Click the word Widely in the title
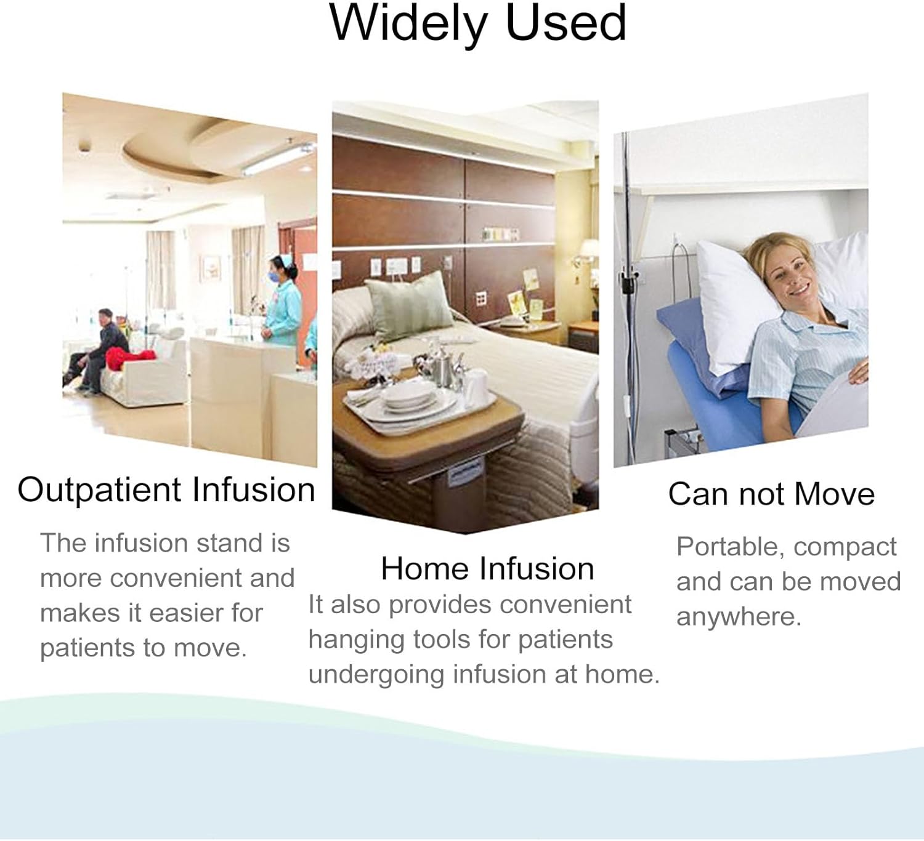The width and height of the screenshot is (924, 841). (x=408, y=25)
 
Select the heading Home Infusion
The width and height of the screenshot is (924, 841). (x=487, y=568)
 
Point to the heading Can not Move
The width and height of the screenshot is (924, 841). (x=771, y=494)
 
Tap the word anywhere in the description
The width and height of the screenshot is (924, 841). (x=739, y=617)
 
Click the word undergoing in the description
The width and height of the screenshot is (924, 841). (x=376, y=675)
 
